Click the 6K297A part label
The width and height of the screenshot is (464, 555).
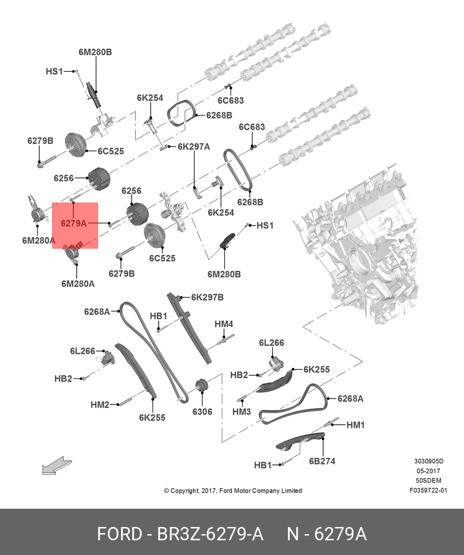[x=193, y=147]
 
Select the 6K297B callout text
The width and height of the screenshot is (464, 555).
[x=207, y=297]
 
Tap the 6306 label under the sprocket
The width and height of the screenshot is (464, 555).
[x=202, y=412]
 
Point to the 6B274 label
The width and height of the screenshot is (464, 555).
[x=322, y=461]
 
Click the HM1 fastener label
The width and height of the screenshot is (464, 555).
[x=355, y=425]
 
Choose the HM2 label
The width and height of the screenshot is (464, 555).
[x=100, y=405]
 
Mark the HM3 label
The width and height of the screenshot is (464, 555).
[x=242, y=411]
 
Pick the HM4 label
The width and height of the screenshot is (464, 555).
[x=223, y=324]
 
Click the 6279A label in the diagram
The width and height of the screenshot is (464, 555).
[x=74, y=223]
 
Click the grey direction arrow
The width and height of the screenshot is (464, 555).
[x=53, y=465]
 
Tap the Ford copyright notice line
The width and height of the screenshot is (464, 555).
[x=233, y=491]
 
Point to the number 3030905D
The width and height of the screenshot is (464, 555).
[x=428, y=461]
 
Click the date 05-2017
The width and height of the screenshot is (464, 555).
[x=428, y=471]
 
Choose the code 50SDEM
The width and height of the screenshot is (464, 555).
[x=428, y=481]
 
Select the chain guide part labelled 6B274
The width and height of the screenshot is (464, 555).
[x=300, y=441]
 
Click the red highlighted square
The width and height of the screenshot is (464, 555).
[x=75, y=225]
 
